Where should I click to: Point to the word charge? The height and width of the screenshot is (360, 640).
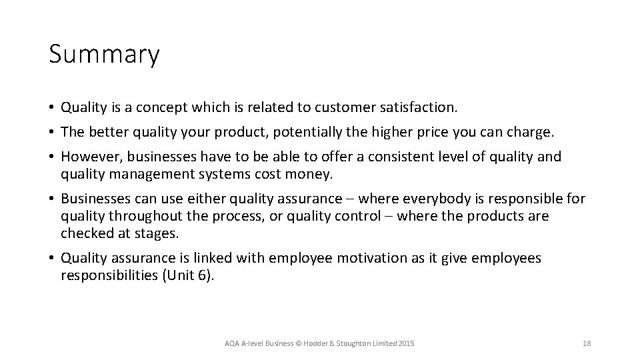point(531,132)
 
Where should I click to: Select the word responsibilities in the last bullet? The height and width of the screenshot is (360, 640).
point(109,275)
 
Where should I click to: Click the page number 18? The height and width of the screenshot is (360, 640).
point(587,343)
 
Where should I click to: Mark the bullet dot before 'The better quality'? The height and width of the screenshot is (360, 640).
point(52,133)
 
